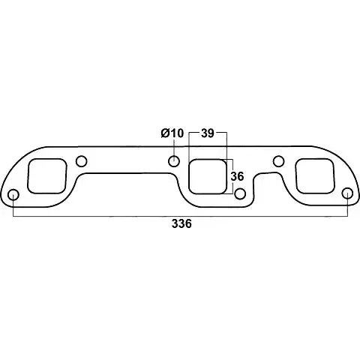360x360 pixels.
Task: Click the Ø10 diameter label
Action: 172,133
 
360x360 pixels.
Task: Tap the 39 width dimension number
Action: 208,133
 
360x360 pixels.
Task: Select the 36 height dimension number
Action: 237,176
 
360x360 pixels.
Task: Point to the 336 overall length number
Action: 181,223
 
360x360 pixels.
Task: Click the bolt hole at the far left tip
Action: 13,195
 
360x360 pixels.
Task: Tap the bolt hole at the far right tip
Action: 347,194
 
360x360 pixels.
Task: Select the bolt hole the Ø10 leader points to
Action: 174,161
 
